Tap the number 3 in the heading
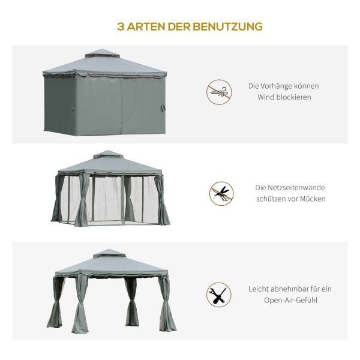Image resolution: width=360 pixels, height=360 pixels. (121, 26)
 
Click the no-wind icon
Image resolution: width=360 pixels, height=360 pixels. (219, 92)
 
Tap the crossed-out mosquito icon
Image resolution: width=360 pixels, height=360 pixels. (221, 194)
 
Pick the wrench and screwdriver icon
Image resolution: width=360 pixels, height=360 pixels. (219, 295)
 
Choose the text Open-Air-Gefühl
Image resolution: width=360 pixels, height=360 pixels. (290, 300)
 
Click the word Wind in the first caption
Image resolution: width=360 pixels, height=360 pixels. (266, 97)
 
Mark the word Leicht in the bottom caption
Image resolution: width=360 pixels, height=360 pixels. (258, 289)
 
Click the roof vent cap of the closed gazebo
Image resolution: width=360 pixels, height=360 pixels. (103, 53)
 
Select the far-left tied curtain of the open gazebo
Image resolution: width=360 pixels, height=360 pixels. (56, 302)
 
